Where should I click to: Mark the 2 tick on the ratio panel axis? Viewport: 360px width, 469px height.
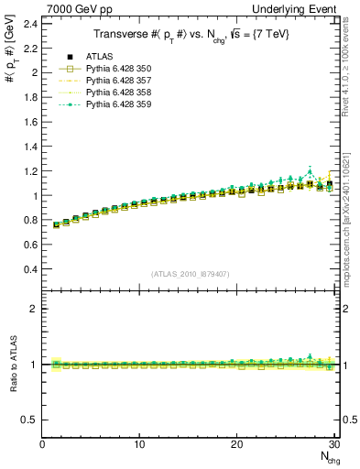click(x=35, y=309)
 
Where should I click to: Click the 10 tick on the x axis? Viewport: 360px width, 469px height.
click(x=139, y=444)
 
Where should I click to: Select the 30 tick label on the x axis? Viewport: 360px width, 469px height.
click(x=333, y=444)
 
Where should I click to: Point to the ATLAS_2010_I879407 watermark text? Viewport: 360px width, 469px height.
click(x=190, y=273)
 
